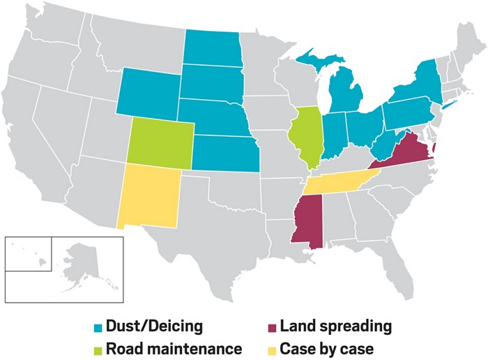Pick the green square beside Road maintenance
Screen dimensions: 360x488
(x=98, y=347)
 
